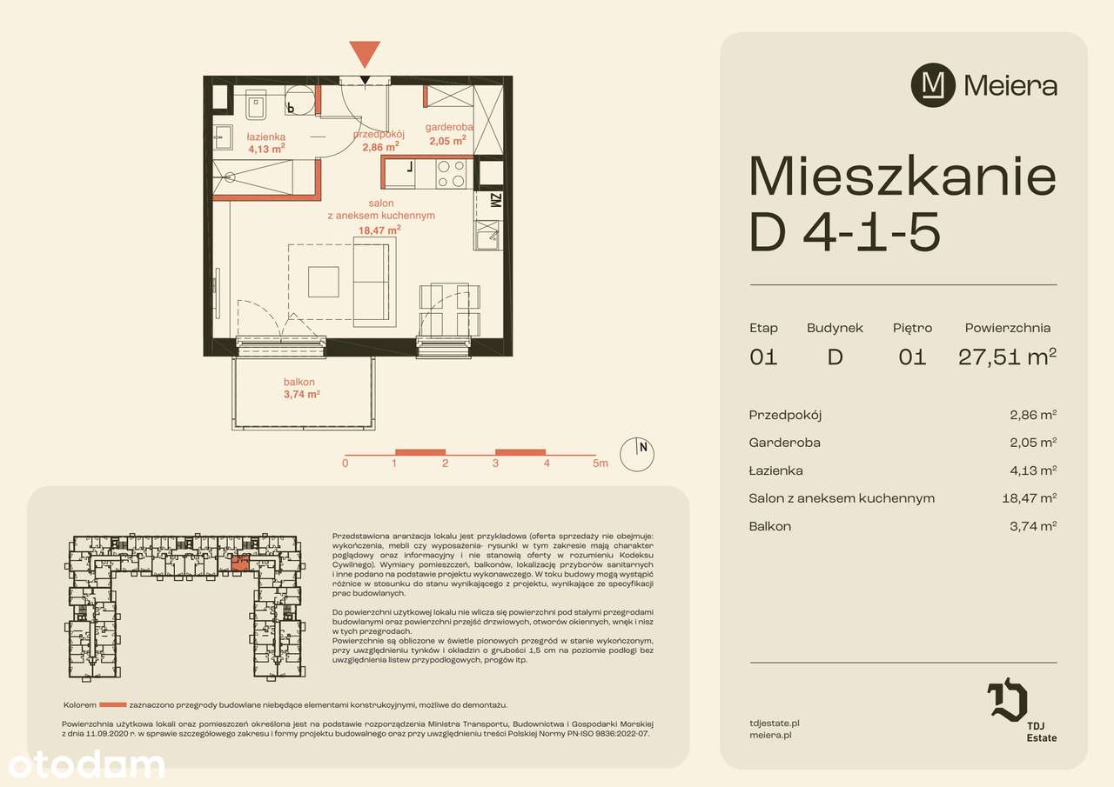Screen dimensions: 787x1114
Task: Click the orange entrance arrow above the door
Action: (364, 54)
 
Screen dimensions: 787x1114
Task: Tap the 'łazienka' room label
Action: (265, 137)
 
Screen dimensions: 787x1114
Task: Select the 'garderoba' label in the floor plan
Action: (448, 127)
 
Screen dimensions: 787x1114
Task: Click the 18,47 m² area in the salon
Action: (379, 230)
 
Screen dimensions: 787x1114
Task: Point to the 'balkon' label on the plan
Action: (299, 382)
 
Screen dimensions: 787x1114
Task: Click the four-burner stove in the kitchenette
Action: (451, 174)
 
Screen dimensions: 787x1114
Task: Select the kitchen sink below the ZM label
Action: (486, 233)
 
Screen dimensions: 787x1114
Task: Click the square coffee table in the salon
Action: (323, 281)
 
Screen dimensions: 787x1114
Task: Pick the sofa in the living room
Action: (373, 281)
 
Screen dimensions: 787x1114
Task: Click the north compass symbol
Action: (637, 452)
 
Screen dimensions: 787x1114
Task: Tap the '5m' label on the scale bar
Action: (600, 464)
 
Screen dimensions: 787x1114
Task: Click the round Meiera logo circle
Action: (932, 85)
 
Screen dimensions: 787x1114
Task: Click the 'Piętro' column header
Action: (912, 328)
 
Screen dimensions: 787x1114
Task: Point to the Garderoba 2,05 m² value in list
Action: (1033, 443)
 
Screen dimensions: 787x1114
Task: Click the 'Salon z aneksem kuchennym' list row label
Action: (841, 498)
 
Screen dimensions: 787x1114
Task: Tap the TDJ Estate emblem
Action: (1007, 702)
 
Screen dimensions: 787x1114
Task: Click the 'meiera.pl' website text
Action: (769, 735)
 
